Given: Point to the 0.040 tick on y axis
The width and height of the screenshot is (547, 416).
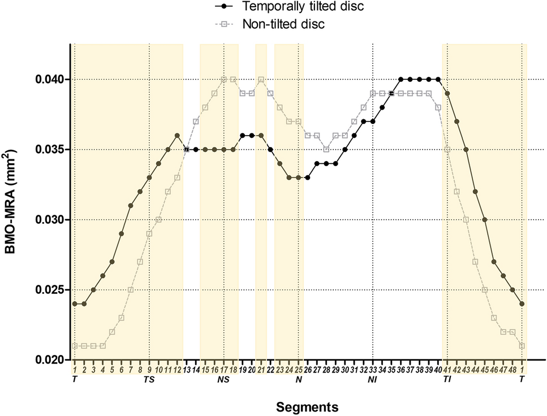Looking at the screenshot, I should pyautogui.click(x=52, y=79).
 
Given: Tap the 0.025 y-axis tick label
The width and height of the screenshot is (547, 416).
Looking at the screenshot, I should pyautogui.click(x=52, y=289).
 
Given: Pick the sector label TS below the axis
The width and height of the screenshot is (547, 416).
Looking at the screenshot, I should pyautogui.click(x=149, y=379).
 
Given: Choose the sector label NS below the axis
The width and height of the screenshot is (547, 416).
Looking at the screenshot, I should pyautogui.click(x=223, y=379).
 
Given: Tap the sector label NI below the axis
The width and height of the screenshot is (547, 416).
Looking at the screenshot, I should pyautogui.click(x=372, y=379).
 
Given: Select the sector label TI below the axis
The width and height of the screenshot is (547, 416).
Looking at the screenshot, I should pyautogui.click(x=447, y=379).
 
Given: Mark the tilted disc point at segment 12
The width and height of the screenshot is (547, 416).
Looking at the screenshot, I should pyautogui.click(x=177, y=135).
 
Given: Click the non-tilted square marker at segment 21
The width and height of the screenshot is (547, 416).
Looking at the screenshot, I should pyautogui.click(x=261, y=79).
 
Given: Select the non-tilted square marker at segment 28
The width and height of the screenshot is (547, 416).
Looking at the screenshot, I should pyautogui.click(x=326, y=149).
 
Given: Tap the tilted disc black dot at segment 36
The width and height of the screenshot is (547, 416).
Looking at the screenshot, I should pyautogui.click(x=400, y=79).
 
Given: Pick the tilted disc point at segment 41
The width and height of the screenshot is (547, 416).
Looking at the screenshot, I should pyautogui.click(x=447, y=93).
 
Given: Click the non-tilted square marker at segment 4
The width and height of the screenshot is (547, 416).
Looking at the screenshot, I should pyautogui.click(x=102, y=345).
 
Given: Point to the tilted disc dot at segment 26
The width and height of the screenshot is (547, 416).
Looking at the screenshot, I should pyautogui.click(x=307, y=177).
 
